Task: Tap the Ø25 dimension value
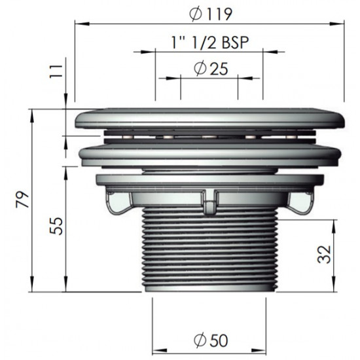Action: (x=210, y=67)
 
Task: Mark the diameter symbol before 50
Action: (x=200, y=341)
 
